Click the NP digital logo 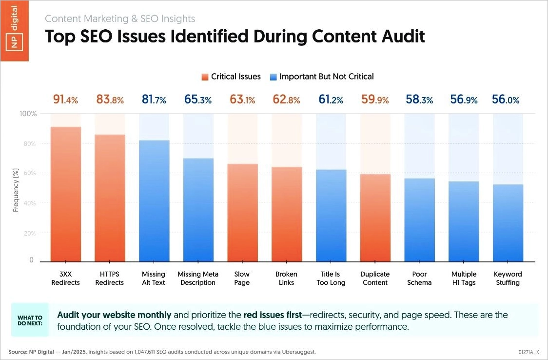coord(14,30)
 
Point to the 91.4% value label coord(65,100)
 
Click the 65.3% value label coord(198,100)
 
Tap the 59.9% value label coord(375,100)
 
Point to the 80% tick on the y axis coord(30,144)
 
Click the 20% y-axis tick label coord(30,233)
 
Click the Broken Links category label coord(286,278)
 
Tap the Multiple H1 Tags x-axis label coord(463,278)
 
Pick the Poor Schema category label coord(419,278)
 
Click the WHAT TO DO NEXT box coord(30,320)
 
